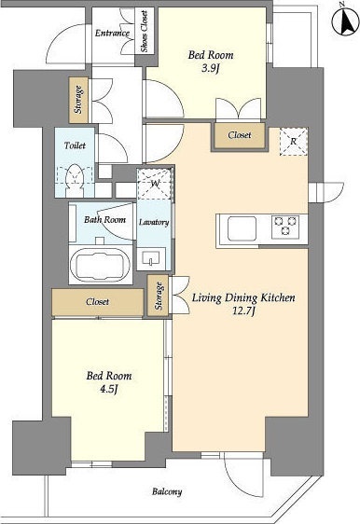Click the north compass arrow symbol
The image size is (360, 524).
pyautogui.click(x=345, y=21)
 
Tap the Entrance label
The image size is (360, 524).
pyautogui.click(x=112, y=33)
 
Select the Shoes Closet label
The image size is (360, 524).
pyautogui.click(x=145, y=32)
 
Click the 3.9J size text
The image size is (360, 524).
pyautogui.click(x=210, y=69)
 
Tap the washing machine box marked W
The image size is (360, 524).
pyautogui.click(x=155, y=183)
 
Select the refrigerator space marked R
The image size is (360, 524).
pyautogui.click(x=293, y=142)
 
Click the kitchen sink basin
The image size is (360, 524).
pyautogui.click(x=242, y=228)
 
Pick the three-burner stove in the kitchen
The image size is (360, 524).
pyautogui.click(x=285, y=227)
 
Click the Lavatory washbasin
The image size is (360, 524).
pyautogui.click(x=151, y=258)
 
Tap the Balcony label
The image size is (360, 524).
pyautogui.click(x=167, y=491)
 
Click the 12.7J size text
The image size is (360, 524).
pyautogui.click(x=243, y=311)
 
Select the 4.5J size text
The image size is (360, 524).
pyautogui.click(x=109, y=390)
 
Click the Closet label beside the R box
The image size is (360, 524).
pyautogui.click(x=240, y=135)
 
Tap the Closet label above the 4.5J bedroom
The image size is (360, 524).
pyautogui.click(x=97, y=302)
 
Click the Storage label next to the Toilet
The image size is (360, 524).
pyautogui.click(x=79, y=100)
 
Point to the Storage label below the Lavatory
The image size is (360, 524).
pyautogui.click(x=159, y=296)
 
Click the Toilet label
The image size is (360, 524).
pyautogui.click(x=75, y=145)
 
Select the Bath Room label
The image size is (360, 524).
pyautogui.click(x=105, y=219)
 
